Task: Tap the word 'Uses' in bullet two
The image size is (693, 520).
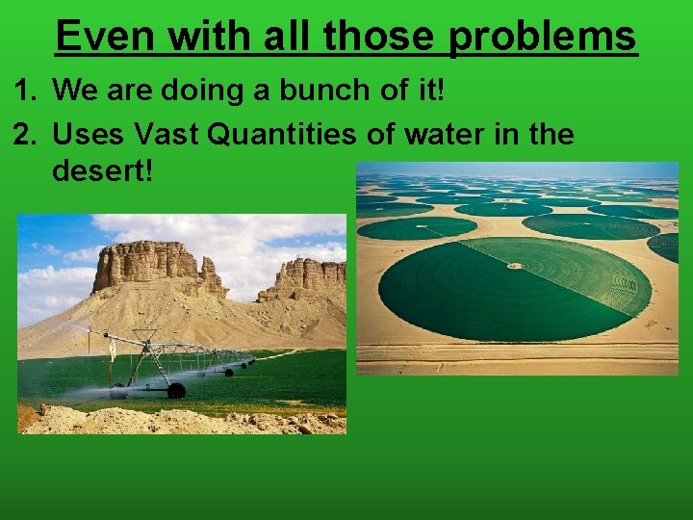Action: [90, 134]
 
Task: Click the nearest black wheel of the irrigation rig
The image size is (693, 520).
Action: [176, 390]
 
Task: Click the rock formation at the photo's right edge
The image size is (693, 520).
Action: [308, 279]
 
